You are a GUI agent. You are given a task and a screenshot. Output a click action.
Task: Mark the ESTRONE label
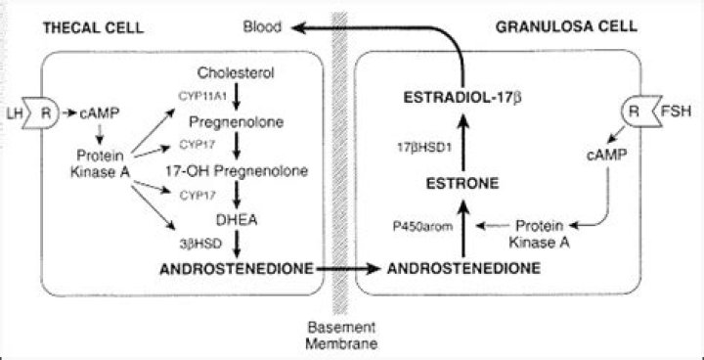(x=462, y=181)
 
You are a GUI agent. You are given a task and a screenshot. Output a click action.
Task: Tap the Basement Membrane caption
(x=341, y=335)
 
